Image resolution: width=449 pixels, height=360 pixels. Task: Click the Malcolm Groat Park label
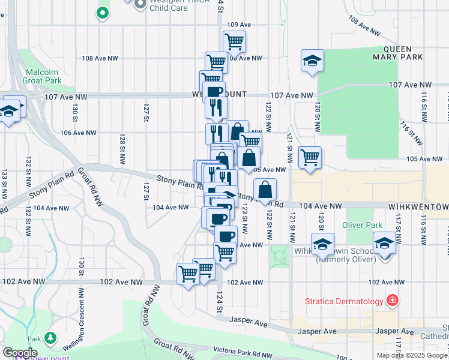click(x=43, y=76)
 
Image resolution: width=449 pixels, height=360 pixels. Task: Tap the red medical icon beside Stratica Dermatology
click(x=393, y=299)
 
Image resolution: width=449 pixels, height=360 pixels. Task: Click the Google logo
click(x=19, y=353)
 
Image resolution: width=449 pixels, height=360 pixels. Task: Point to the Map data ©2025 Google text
click(x=412, y=355)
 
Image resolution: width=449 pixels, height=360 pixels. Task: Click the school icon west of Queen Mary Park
click(x=312, y=61)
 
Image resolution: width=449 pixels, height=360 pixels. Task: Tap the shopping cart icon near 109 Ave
click(x=234, y=41)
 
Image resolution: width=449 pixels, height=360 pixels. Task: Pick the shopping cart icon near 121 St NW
click(x=310, y=158)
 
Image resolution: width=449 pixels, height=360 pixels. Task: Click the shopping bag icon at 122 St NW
click(x=265, y=191)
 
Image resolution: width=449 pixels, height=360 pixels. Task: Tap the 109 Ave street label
click(x=238, y=25)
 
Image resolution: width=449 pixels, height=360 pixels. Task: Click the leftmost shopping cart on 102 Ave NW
click(x=188, y=274)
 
